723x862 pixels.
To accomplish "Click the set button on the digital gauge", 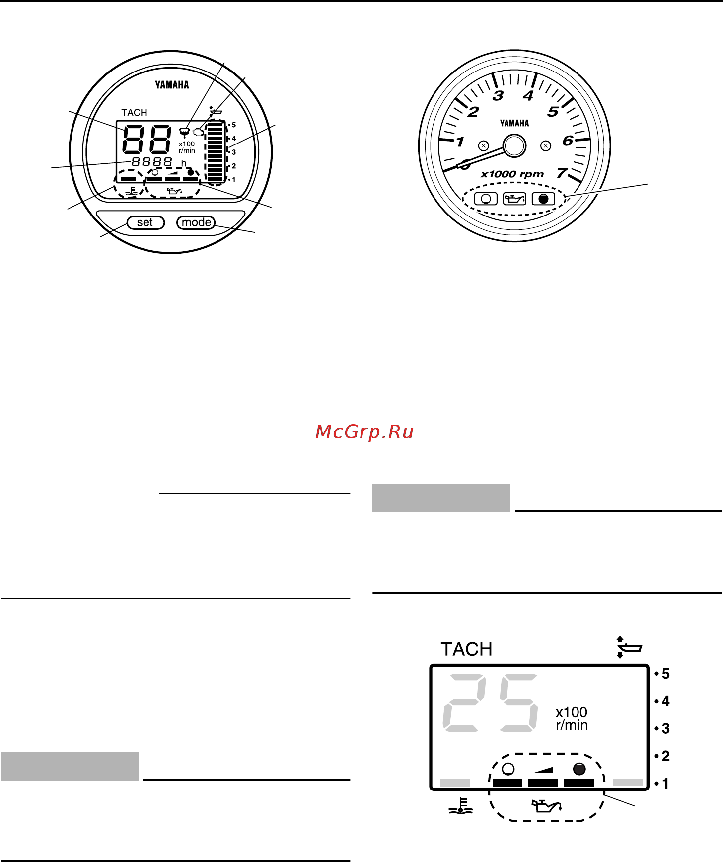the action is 145,222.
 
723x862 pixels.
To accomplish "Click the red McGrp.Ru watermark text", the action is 364,432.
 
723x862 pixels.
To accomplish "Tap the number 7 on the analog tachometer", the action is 562,173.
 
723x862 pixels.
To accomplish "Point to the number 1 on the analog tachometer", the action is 460,142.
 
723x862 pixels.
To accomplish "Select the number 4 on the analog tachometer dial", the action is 528,95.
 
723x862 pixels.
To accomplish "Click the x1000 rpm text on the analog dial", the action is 512,174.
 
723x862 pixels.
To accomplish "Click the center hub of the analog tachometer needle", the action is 514,146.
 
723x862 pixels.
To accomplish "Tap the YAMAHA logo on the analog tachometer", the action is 514,123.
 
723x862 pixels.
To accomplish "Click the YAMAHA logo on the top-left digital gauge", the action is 172,85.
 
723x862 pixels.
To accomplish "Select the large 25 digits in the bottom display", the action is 490,703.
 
